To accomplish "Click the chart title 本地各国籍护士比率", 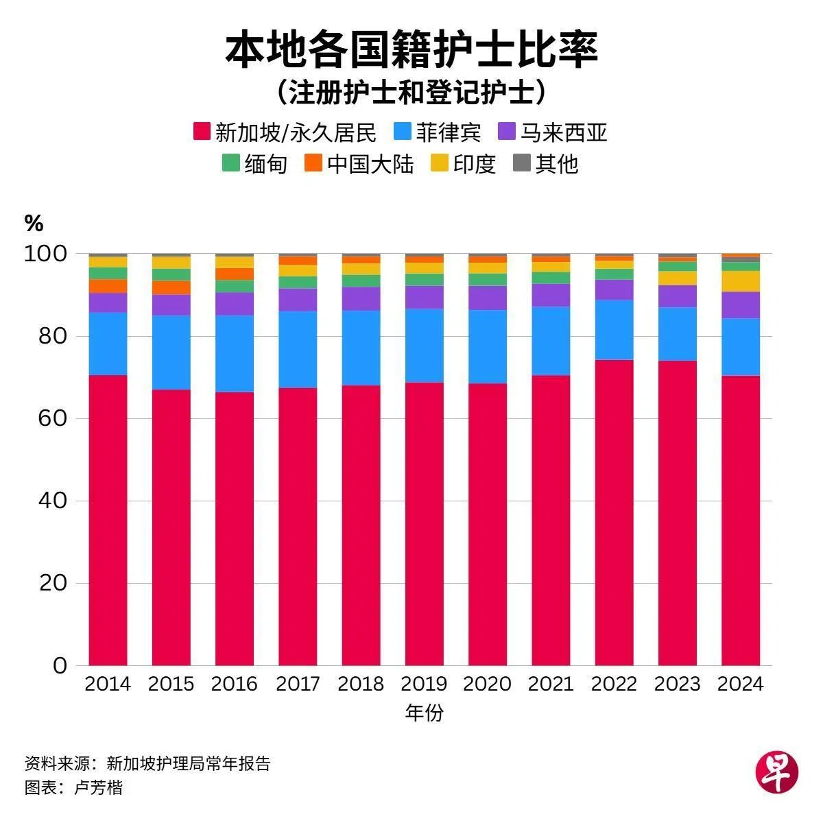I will (x=411, y=49).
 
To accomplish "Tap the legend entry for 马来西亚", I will (x=553, y=132).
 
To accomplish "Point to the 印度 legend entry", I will (x=464, y=164).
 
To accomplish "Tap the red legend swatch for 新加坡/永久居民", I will (x=202, y=132).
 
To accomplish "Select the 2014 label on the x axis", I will (x=108, y=684).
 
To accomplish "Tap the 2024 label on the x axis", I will (x=740, y=684).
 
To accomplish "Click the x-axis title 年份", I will (x=425, y=713).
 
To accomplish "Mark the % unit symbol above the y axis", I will (x=34, y=223).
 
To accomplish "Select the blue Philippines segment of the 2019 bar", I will (x=424, y=345).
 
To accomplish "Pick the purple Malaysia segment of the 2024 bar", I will (x=740, y=305).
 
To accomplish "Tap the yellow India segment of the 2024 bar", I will (x=740, y=281).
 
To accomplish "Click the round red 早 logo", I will (x=777, y=771).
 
